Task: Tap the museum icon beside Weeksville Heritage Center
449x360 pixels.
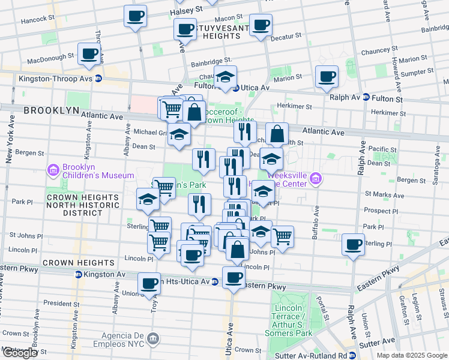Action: tap(317, 178)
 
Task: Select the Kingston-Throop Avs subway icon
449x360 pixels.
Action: tap(98, 78)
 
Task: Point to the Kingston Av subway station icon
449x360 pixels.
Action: tap(78, 274)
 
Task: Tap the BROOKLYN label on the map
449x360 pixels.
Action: tap(52, 110)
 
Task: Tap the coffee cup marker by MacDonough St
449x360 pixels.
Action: tap(89, 54)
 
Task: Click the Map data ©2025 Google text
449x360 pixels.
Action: tap(412, 355)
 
